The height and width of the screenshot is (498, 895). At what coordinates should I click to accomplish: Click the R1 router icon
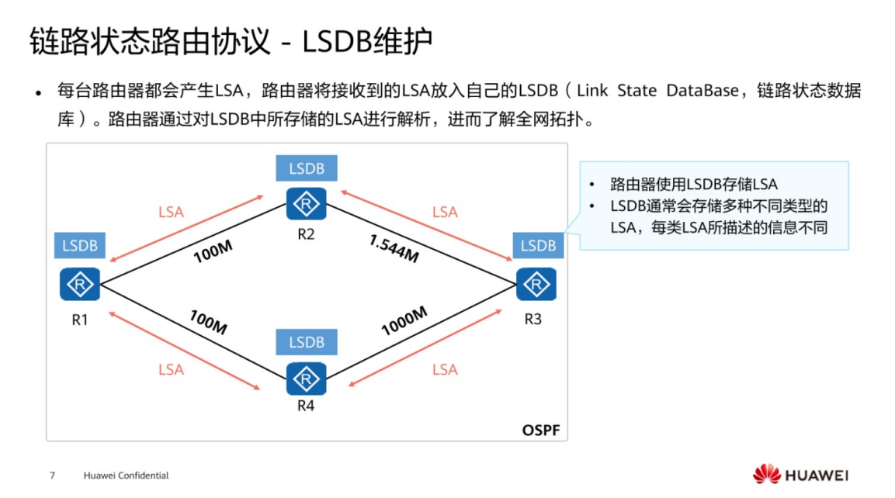tap(80, 285)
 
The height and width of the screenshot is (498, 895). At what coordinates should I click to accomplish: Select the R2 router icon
tap(306, 204)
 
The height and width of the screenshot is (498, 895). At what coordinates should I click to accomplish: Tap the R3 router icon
tap(536, 285)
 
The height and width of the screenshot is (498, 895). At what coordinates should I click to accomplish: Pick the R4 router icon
tap(306, 379)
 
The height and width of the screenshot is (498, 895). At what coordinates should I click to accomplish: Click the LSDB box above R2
tap(306, 168)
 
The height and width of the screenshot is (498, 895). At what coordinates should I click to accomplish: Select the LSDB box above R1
tap(80, 246)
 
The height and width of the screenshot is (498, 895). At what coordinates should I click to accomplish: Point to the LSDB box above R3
tap(538, 246)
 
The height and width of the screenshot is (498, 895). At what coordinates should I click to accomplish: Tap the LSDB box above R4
tap(306, 342)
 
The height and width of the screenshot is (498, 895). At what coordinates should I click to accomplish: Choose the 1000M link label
tap(404, 320)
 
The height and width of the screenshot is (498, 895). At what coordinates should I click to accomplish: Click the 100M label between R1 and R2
tap(213, 251)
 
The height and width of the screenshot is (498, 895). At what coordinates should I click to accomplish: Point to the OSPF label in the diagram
tap(540, 430)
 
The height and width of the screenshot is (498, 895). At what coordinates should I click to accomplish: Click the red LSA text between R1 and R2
tap(171, 212)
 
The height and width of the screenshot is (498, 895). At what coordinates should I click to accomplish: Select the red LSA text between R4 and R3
tap(445, 370)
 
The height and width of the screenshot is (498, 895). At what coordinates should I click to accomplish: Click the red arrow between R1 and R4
tap(184, 348)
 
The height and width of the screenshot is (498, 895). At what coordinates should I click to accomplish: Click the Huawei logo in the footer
tap(800, 474)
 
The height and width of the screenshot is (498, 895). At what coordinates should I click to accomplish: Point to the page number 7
tap(52, 475)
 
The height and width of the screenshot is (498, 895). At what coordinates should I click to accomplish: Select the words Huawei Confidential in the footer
tap(126, 475)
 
